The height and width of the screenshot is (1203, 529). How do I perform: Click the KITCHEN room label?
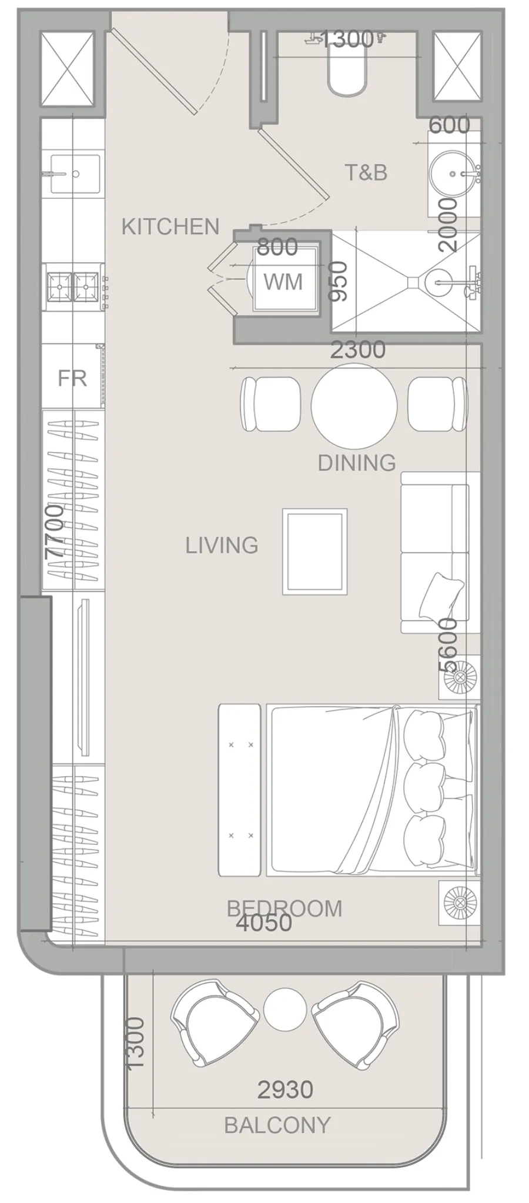(170, 226)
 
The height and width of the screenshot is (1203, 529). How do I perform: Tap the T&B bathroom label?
(366, 172)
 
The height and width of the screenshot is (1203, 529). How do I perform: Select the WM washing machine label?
(283, 282)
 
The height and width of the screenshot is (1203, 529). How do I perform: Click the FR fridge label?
(72, 378)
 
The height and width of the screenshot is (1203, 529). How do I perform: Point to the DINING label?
(356, 463)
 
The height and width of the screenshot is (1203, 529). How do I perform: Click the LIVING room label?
(222, 545)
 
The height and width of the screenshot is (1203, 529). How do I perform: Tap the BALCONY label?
(277, 1125)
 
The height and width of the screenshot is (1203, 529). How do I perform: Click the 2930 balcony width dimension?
(285, 1090)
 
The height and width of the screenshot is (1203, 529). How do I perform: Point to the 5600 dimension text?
(448, 645)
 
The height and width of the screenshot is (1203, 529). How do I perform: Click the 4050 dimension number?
(264, 923)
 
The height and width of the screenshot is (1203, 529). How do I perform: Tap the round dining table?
(354, 405)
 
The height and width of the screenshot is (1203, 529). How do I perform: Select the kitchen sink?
(75, 173)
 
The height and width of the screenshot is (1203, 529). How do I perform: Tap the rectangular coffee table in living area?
(314, 552)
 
